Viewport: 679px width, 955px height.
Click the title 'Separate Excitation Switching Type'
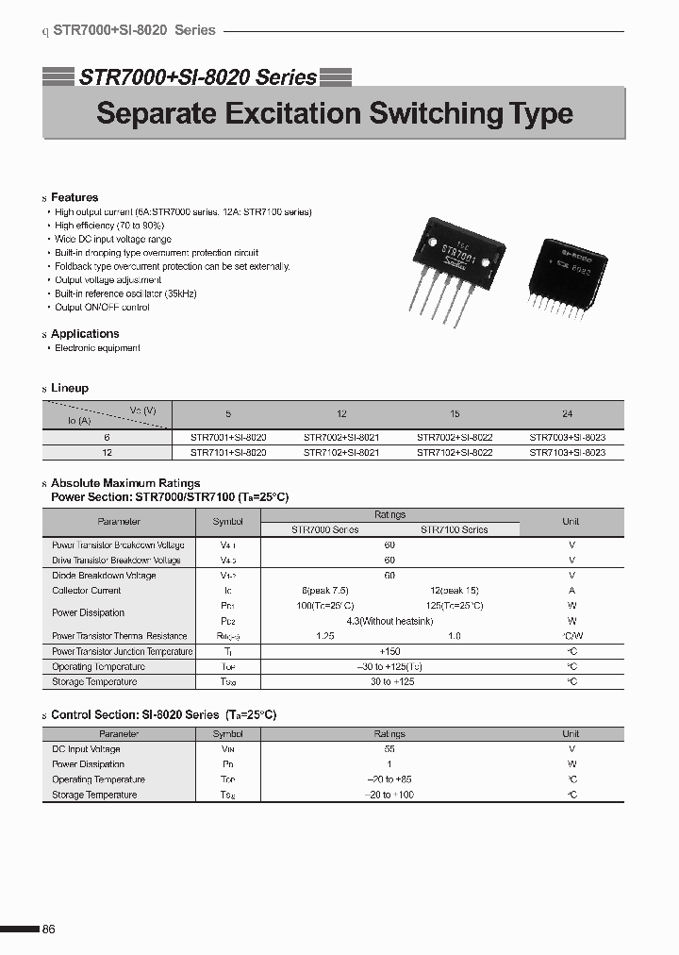[335, 114]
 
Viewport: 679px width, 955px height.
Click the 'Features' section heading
[75, 197]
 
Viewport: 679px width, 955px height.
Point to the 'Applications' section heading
[85, 334]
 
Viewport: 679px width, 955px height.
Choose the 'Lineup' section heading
[70, 388]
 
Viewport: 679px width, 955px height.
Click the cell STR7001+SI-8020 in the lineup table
[228, 438]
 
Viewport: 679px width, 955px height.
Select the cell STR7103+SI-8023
[567, 453]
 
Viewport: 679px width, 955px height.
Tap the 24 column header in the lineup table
[567, 414]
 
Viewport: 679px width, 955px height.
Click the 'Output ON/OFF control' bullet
[102, 308]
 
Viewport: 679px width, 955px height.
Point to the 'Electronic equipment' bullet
[97, 348]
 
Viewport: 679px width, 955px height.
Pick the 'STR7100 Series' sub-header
[454, 529]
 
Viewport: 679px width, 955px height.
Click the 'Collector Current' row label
[87, 591]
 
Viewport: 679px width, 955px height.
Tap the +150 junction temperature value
[389, 651]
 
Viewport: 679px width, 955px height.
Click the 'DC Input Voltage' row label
[86, 749]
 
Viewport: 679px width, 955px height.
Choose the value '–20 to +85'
[389, 779]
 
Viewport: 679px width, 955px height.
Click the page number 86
[49, 930]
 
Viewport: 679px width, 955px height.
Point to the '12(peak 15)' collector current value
[454, 591]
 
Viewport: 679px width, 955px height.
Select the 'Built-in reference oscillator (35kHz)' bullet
[125, 294]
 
